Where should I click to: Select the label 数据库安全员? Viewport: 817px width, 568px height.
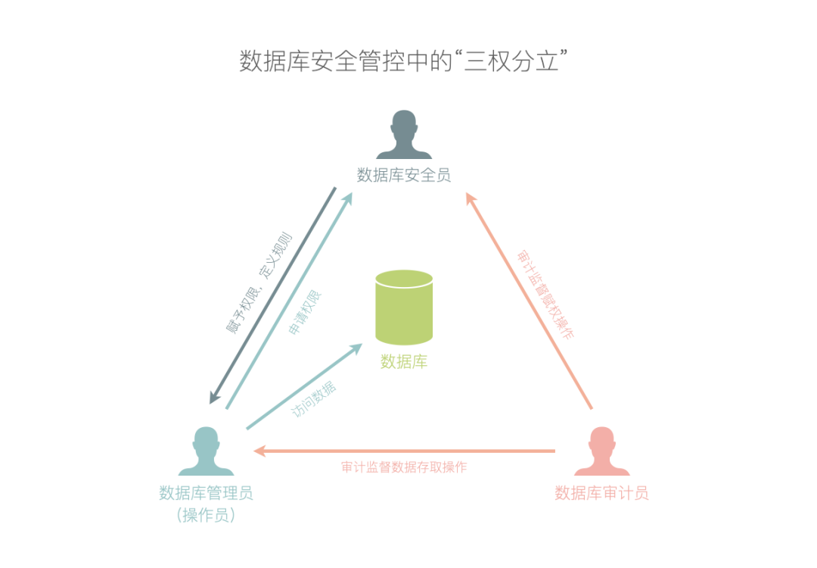[404, 176]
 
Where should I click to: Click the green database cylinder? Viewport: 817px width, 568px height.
[404, 307]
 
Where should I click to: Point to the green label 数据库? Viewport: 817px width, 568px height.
[404, 362]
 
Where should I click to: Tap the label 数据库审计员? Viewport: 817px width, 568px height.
[602, 494]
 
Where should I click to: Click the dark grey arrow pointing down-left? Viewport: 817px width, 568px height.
[272, 295]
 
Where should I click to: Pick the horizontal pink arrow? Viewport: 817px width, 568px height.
[404, 451]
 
